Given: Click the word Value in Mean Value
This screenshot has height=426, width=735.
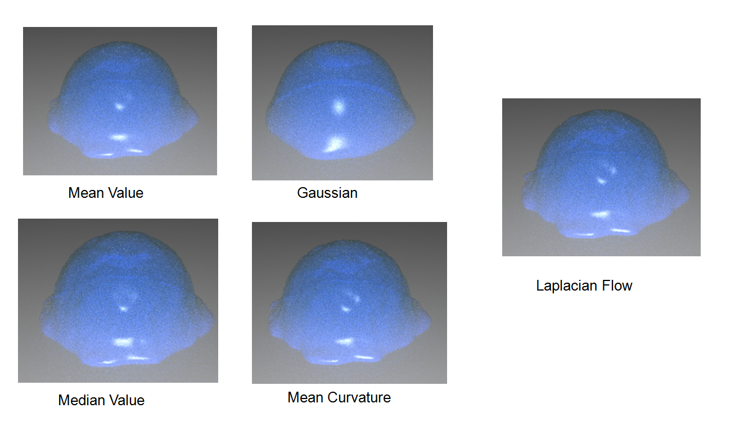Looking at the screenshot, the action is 125,193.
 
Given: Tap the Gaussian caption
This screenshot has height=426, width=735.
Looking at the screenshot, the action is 327,193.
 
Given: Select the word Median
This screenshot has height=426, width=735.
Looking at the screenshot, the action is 81,400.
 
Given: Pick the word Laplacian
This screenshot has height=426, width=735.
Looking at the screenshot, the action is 566,285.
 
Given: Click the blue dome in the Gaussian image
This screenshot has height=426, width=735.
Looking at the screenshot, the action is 340,101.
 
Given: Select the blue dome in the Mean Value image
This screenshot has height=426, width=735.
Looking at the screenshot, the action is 122,100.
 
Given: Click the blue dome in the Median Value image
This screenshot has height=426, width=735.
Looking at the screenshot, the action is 127,298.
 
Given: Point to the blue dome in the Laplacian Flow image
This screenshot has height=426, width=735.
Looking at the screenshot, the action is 606,174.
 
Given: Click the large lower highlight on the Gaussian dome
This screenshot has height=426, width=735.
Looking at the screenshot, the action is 335,144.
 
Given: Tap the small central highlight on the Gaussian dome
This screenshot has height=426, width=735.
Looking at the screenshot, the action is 339,107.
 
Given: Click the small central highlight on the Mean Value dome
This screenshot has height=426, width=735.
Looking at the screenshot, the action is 119,106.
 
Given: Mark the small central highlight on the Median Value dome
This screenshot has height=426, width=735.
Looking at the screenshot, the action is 123,309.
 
